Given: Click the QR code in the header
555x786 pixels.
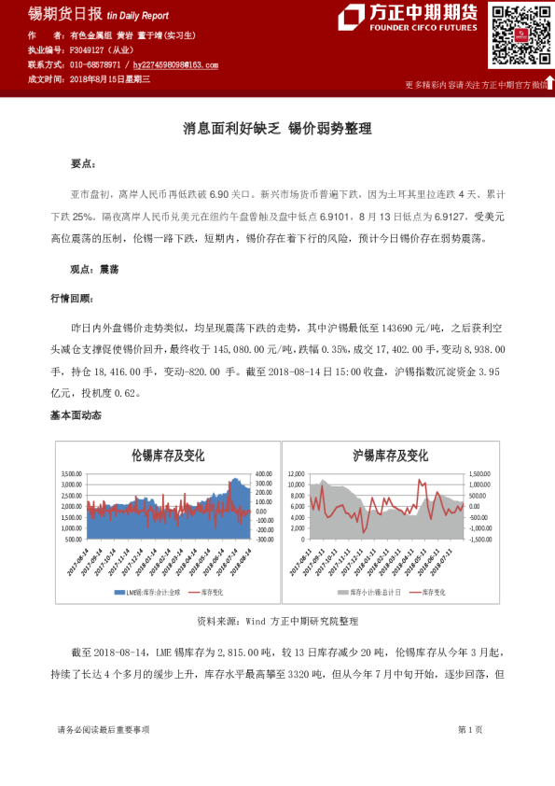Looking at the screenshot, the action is [517, 36].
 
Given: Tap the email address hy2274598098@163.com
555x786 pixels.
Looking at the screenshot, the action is [176, 66].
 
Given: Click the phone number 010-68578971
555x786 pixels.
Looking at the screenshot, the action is [95, 66].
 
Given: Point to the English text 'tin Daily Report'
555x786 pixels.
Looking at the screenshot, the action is [138, 16].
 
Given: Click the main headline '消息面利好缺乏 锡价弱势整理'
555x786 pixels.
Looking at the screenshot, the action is [277, 130].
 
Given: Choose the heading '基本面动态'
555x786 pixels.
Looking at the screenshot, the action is [76, 414].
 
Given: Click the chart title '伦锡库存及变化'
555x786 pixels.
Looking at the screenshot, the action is [168, 456].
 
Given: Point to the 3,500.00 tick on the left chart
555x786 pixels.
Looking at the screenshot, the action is [72, 473].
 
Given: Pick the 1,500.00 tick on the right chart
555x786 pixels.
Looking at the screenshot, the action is [479, 473].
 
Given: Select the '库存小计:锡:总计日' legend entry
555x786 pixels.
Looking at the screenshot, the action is [371, 592].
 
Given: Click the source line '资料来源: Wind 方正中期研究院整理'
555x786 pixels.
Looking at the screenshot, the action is [277, 620].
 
